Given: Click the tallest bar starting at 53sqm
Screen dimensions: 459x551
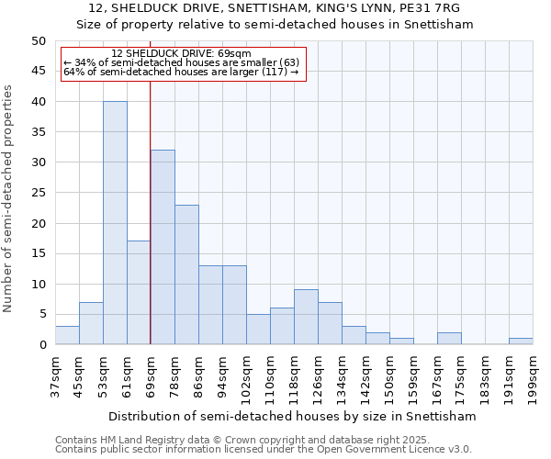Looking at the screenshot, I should coord(115,223).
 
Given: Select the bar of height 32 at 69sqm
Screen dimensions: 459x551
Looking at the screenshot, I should coord(163,247).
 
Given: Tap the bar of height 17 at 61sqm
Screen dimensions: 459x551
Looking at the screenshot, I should coord(139,293).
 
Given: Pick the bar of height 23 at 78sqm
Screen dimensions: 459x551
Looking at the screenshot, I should coord(186,274).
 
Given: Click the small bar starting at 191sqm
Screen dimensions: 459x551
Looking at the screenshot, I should coord(521,341).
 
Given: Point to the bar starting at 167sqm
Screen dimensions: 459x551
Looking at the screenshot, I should coord(449,339).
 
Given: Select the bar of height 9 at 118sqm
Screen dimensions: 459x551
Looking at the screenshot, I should coord(306,318).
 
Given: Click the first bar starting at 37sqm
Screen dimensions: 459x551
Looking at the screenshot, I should coord(67,335).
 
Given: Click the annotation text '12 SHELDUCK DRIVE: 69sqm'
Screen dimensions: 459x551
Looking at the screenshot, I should coord(180,54).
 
